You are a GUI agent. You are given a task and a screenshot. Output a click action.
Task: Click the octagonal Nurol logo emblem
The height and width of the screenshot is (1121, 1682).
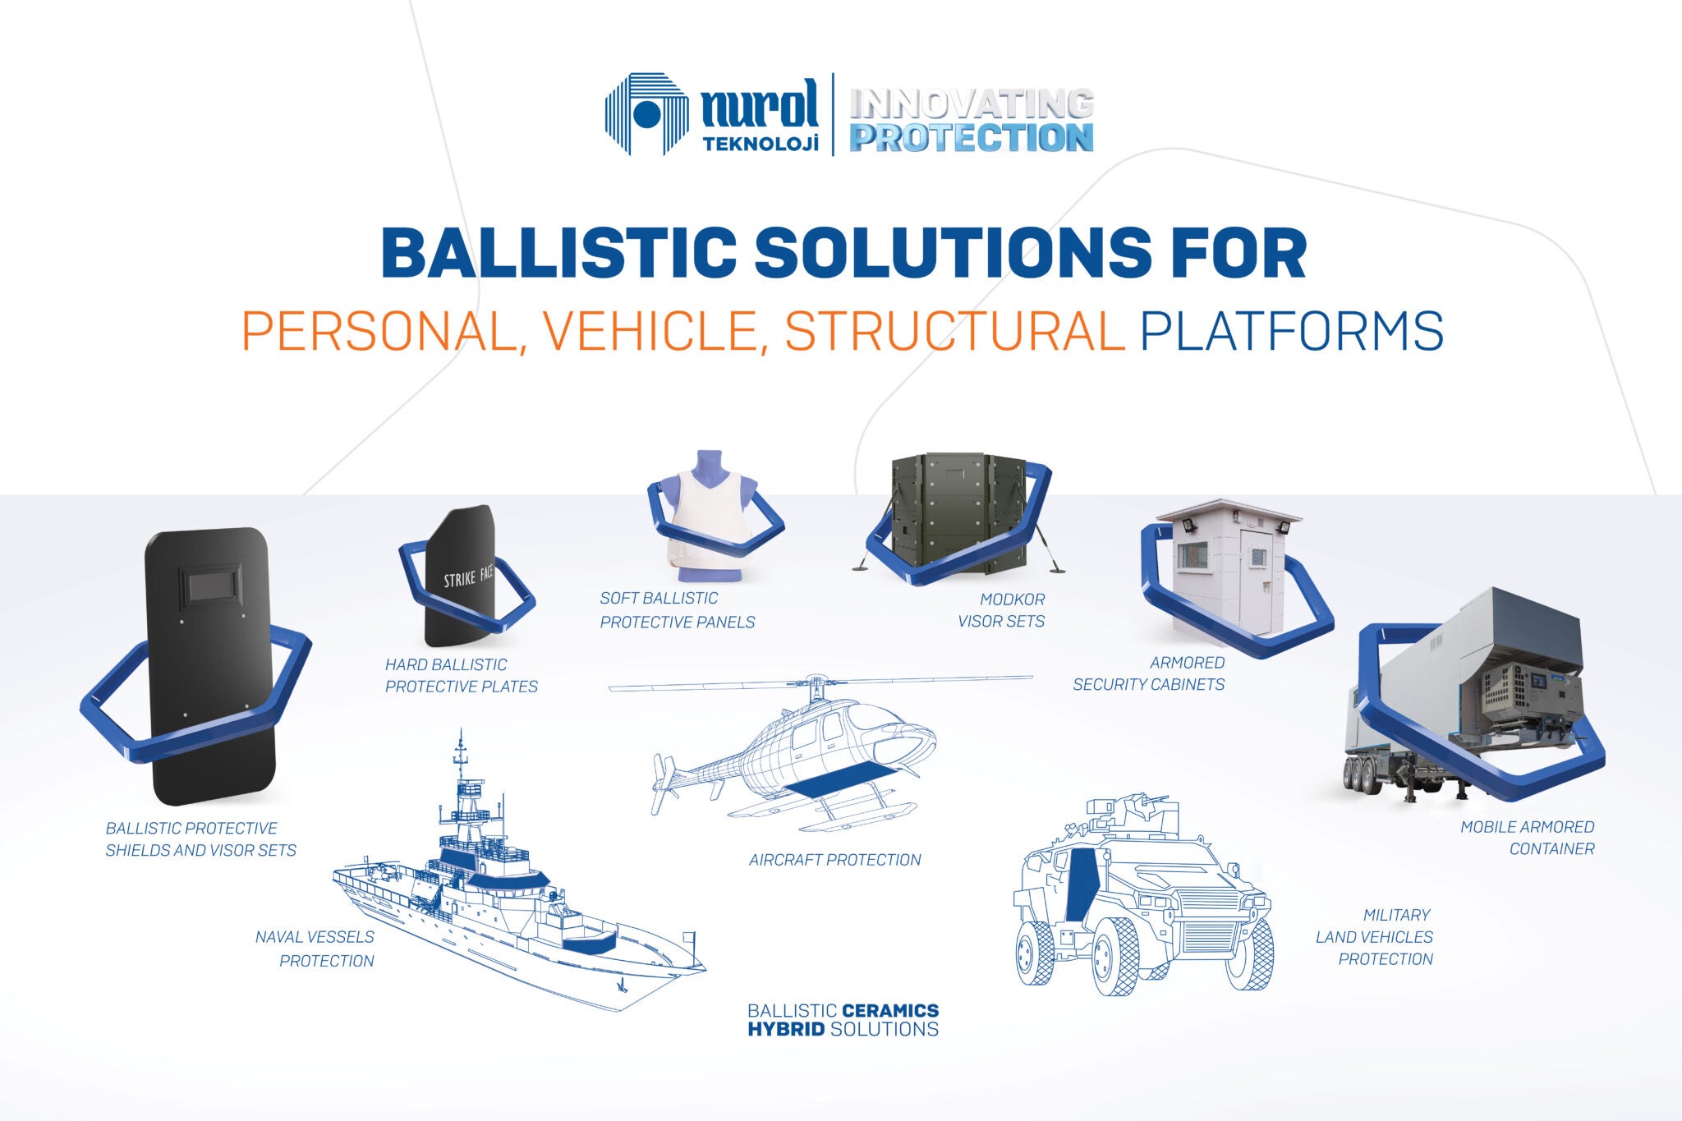pyautogui.click(x=646, y=113)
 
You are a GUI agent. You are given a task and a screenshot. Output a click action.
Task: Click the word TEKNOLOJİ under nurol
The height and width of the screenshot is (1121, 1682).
pyautogui.click(x=761, y=144)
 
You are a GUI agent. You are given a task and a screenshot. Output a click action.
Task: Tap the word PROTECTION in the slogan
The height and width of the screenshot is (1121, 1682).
pyautogui.click(x=971, y=138)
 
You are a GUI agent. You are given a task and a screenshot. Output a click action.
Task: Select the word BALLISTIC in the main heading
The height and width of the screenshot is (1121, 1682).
pyautogui.click(x=558, y=253)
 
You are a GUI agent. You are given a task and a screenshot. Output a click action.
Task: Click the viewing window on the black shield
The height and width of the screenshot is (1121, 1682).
pyautogui.click(x=212, y=586)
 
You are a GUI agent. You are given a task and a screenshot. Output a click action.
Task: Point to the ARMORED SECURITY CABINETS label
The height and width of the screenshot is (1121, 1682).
pyautogui.click(x=1150, y=673)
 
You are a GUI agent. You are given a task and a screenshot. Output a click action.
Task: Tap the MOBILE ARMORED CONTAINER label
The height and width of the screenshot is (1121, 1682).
pyautogui.click(x=1528, y=838)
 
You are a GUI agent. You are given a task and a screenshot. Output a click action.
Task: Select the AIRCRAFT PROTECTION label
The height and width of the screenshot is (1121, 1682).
pyautogui.click(x=834, y=860)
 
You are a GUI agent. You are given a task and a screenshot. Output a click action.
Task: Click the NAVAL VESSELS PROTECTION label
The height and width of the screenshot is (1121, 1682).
pyautogui.click(x=315, y=949)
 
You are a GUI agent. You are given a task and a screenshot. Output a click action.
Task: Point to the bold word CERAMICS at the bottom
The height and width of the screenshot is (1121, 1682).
pyautogui.click(x=890, y=1010)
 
